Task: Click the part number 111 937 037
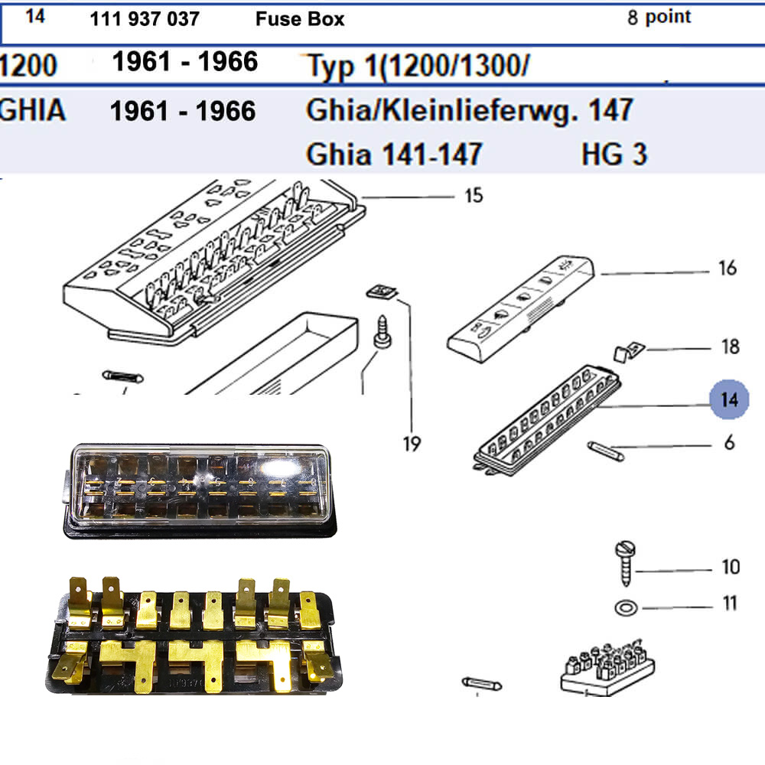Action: (145, 19)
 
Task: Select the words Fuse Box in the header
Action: (300, 19)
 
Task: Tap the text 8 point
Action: (659, 17)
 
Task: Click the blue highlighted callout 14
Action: (729, 399)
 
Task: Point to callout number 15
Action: (474, 196)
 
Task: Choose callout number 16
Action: (728, 268)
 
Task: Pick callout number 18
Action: (731, 347)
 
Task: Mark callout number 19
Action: (412, 444)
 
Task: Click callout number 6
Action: (729, 442)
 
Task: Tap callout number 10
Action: (731, 567)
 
